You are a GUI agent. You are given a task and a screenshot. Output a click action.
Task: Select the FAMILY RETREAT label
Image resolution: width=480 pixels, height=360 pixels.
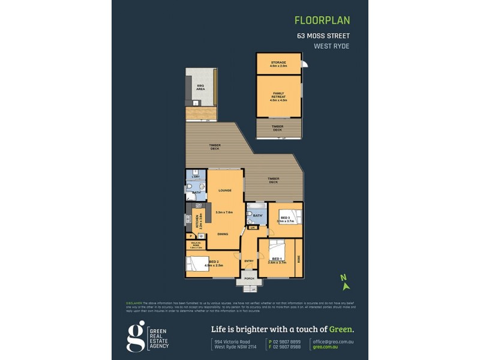(278, 97)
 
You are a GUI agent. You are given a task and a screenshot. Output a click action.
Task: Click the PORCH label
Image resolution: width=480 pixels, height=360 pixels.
(249, 278)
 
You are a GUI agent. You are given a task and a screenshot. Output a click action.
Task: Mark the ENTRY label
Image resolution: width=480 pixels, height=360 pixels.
(249, 261)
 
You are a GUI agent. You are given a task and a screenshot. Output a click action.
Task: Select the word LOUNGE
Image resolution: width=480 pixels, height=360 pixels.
(225, 190)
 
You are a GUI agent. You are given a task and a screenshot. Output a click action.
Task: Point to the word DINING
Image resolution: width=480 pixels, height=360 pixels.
(223, 234)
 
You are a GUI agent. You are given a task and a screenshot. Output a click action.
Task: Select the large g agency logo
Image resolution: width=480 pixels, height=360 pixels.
(137, 335)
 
